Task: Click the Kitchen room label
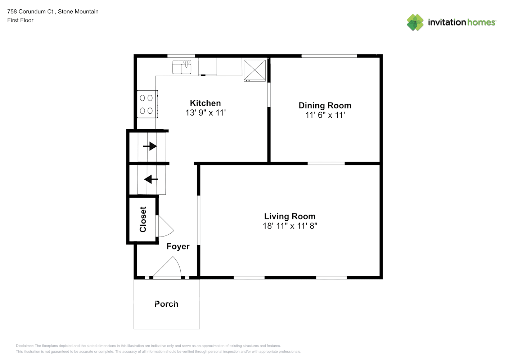pyautogui.click(x=205, y=103)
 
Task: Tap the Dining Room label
pyautogui.click(x=325, y=105)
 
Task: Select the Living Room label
pyautogui.click(x=290, y=216)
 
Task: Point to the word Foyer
pyautogui.click(x=178, y=247)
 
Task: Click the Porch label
pyautogui.click(x=166, y=304)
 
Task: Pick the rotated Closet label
pyautogui.click(x=143, y=219)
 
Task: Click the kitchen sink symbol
pyautogui.click(x=181, y=67)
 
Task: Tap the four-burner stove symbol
pyautogui.click(x=147, y=104)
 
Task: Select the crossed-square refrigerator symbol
pyautogui.click(x=254, y=71)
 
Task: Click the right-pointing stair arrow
pyautogui.click(x=150, y=146)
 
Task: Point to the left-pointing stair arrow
pyautogui.click(x=151, y=179)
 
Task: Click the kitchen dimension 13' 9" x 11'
pyautogui.click(x=206, y=113)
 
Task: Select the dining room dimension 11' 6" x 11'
pyautogui.click(x=325, y=115)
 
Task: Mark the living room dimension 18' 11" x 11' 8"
pyautogui.click(x=290, y=226)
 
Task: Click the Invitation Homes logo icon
pyautogui.click(x=415, y=22)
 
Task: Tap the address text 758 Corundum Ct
pyautogui.click(x=30, y=12)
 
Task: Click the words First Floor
pyautogui.click(x=20, y=20)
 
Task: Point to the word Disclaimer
pyautogui.click(x=24, y=346)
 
